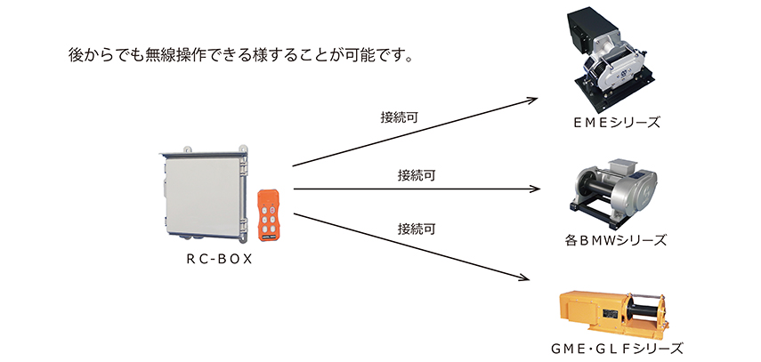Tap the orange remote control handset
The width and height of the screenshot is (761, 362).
[x=269, y=215]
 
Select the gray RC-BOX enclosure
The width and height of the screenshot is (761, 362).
[x=203, y=193]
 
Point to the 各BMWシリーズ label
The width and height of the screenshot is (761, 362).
[x=616, y=240]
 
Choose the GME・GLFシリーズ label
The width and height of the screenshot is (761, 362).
[x=617, y=349]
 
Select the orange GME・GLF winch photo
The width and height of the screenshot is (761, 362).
[x=614, y=315]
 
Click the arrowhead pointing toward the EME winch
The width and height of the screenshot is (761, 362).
[x=532, y=100]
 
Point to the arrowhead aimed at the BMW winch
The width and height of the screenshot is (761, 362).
[x=534, y=189]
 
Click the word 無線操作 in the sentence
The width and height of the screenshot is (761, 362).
[x=175, y=55]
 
